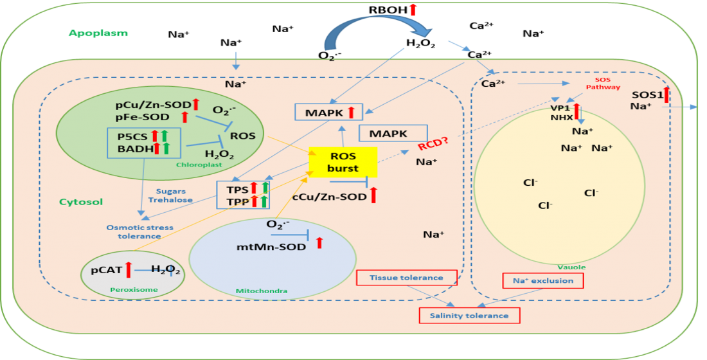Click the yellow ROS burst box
point(343,162)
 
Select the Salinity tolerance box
point(469,316)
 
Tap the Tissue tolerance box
point(407,278)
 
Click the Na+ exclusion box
point(543,280)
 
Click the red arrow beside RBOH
point(412,8)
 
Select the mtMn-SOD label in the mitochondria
point(271,247)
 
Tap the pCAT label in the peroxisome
point(107,270)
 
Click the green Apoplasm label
point(98,33)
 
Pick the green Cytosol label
point(81,202)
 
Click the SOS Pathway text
point(604,84)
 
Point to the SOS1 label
point(647,95)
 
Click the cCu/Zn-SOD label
point(330,197)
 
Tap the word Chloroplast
point(199,165)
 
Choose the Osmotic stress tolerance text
point(139,232)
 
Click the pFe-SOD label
point(143,117)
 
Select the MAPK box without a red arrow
point(393,134)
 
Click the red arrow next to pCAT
point(129,269)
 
